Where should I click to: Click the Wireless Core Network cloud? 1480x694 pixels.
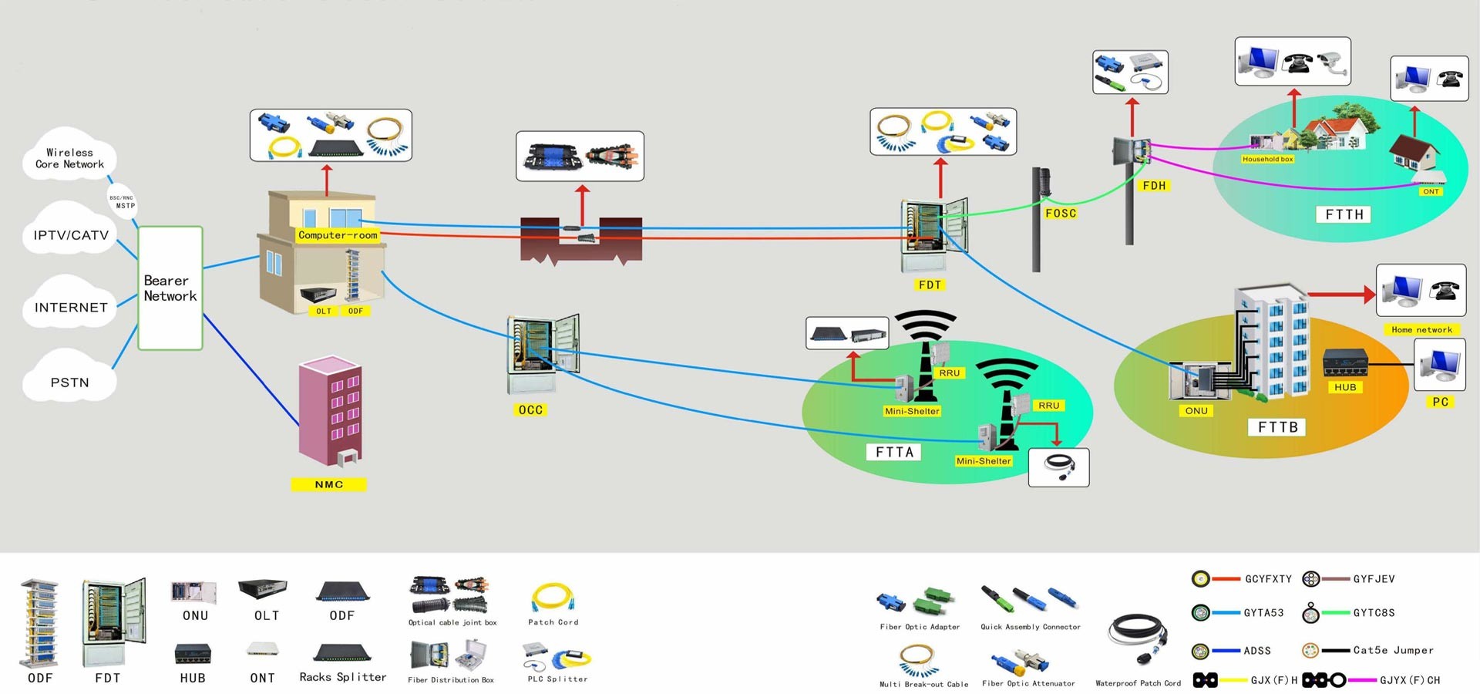(69, 158)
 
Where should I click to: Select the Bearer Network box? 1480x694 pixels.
(170, 288)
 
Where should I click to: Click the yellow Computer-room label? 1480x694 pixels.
(338, 235)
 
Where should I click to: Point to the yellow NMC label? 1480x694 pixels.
(328, 484)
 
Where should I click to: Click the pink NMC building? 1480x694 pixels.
(331, 413)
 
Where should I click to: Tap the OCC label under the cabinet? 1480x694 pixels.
(530, 410)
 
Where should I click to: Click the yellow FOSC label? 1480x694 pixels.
(1060, 213)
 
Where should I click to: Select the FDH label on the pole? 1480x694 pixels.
(1154, 185)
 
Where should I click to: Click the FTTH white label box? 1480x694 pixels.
(1344, 214)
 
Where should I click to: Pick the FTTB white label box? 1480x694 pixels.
(1277, 427)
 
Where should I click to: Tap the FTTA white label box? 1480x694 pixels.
(894, 452)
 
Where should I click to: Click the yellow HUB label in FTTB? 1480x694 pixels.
(1345, 387)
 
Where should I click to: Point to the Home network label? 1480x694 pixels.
(1421, 329)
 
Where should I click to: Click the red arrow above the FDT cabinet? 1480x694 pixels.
(940, 178)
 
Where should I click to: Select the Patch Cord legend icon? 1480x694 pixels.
(552, 598)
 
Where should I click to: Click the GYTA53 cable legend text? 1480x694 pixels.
(1263, 613)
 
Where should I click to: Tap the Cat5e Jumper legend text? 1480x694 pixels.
(1393, 650)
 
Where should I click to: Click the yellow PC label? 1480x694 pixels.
(1440, 402)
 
